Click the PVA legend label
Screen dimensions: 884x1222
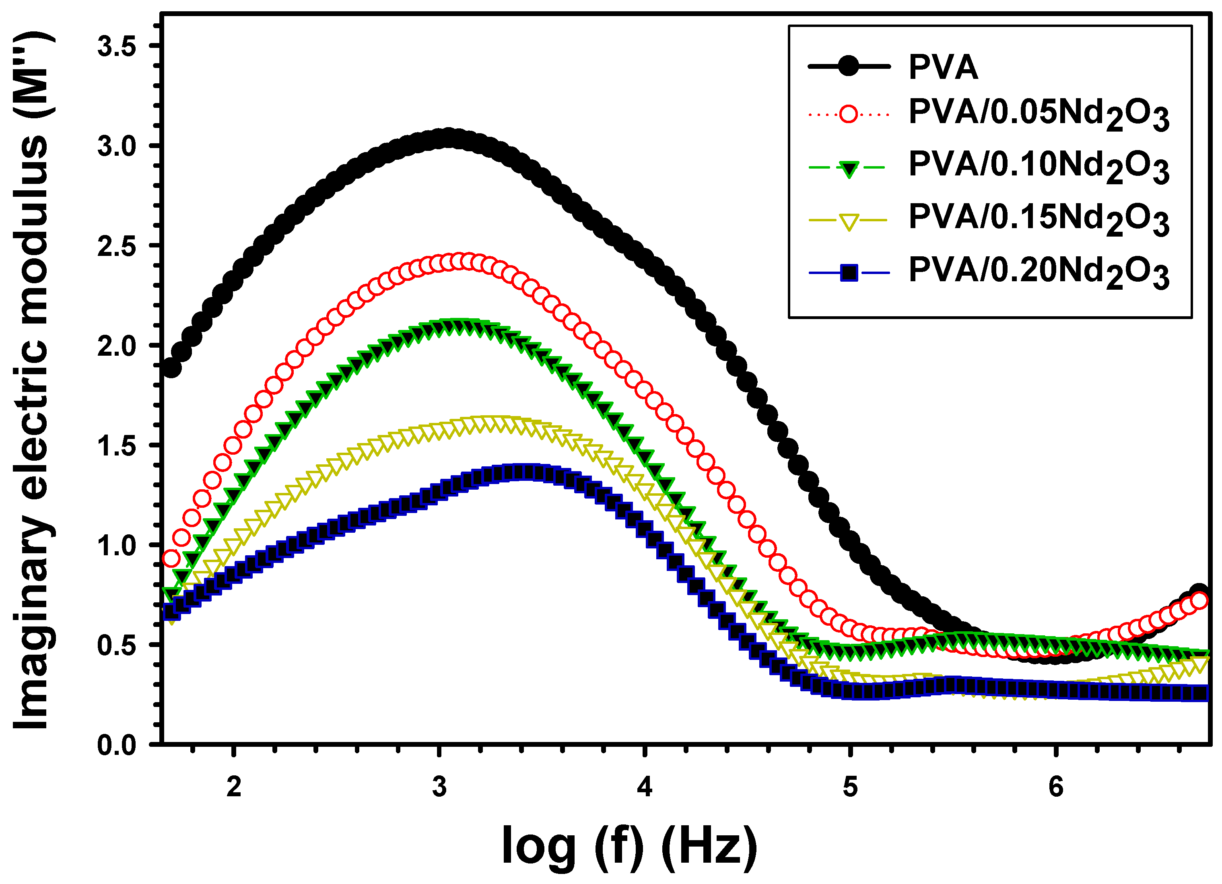pos(942,67)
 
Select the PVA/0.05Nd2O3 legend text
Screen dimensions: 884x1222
pos(1038,115)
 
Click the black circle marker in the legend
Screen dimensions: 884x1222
pos(849,67)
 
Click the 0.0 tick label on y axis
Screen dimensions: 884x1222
pos(116,746)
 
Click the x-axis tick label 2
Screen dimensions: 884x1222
pos(233,787)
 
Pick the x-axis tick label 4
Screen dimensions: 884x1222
pos(645,787)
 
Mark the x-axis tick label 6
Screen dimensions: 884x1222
pos(1055,787)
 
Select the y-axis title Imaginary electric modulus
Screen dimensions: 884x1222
pos(32,380)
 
